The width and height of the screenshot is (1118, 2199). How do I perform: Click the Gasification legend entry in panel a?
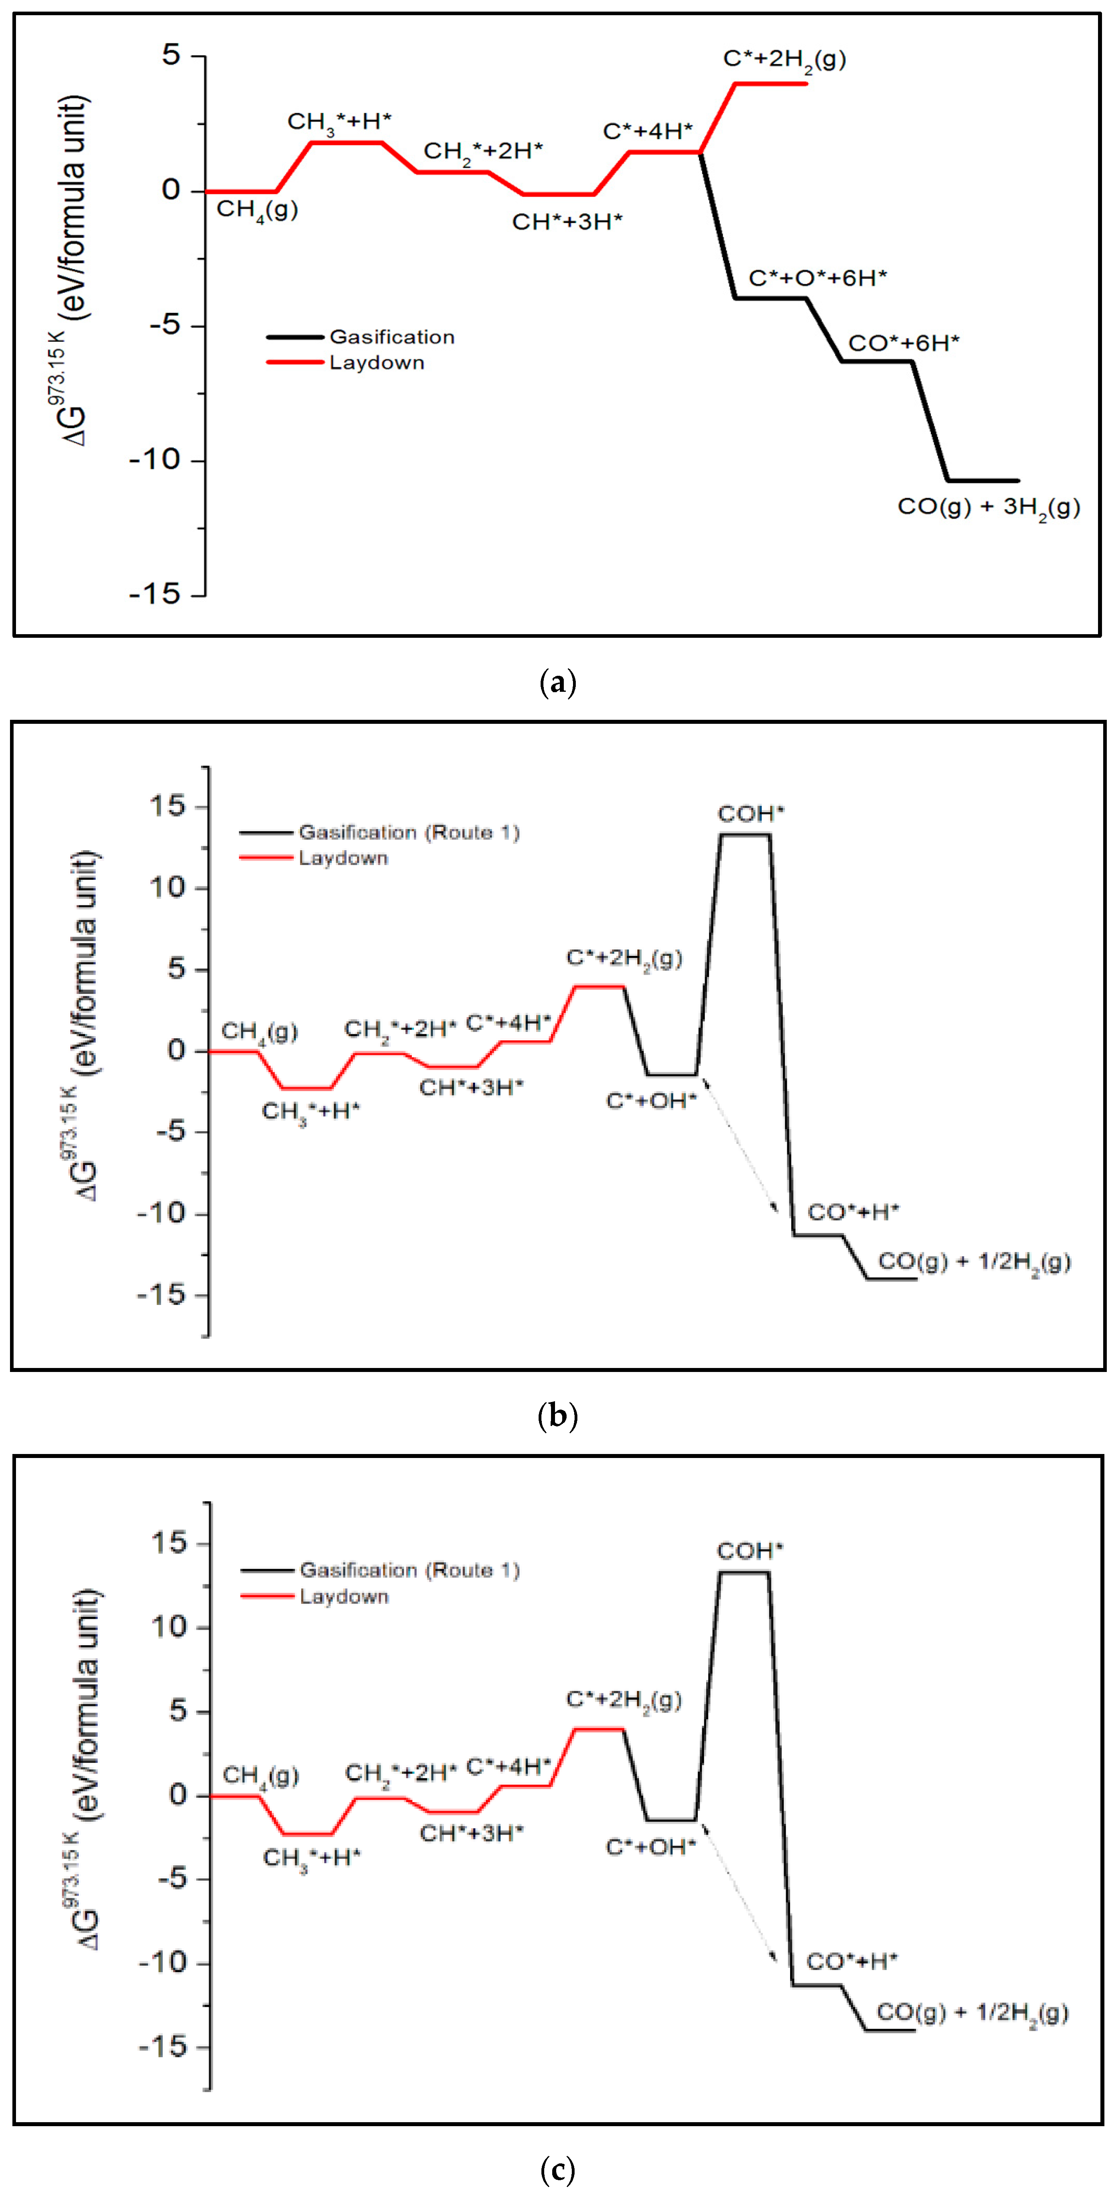(x=392, y=337)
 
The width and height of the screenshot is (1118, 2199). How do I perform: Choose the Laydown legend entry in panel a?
(x=376, y=363)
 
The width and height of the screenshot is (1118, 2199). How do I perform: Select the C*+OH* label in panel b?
(x=651, y=1101)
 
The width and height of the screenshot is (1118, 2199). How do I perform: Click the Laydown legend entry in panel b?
(x=343, y=858)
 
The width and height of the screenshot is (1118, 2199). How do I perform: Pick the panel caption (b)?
(x=558, y=1416)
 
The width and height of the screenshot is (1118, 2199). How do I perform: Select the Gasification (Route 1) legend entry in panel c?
(x=409, y=1570)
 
